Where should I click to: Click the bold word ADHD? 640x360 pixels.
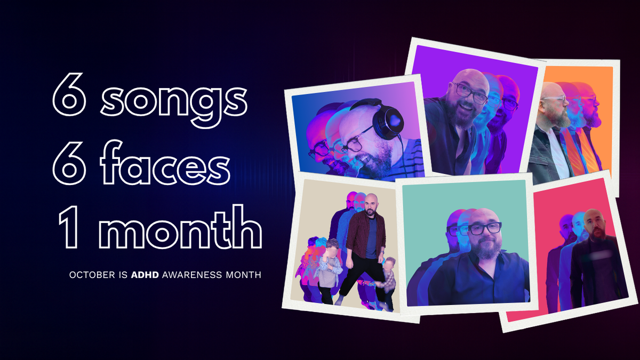(145, 276)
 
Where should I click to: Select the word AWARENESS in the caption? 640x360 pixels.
(186, 276)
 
